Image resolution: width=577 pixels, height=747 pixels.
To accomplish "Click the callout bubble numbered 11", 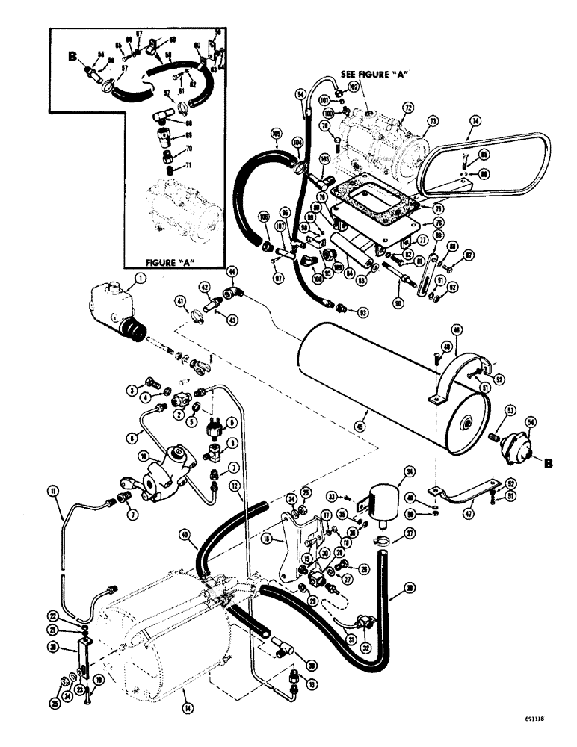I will coord(52,490).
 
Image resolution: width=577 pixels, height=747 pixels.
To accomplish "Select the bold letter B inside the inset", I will coord(72,55).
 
